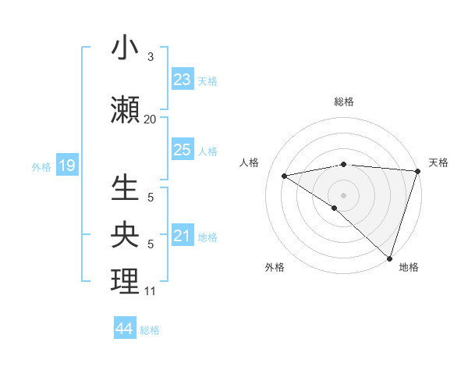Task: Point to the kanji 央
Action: tap(125, 235)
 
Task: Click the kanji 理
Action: tap(125, 282)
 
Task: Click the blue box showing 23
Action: tap(182, 80)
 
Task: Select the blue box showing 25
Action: tap(182, 150)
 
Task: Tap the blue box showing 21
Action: tap(182, 236)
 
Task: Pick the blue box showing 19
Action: tap(66, 166)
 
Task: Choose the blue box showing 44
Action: tap(124, 329)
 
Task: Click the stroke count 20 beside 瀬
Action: tap(150, 119)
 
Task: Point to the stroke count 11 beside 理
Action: tap(150, 291)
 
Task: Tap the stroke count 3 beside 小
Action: tap(150, 57)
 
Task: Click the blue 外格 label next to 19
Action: tap(41, 166)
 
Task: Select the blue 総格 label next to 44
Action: tap(150, 330)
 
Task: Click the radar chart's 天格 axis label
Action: tap(438, 162)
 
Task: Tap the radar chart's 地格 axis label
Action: tap(409, 267)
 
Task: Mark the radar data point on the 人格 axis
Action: tap(284, 175)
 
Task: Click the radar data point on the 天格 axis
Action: tap(417, 170)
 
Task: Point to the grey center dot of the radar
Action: tap(343, 194)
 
